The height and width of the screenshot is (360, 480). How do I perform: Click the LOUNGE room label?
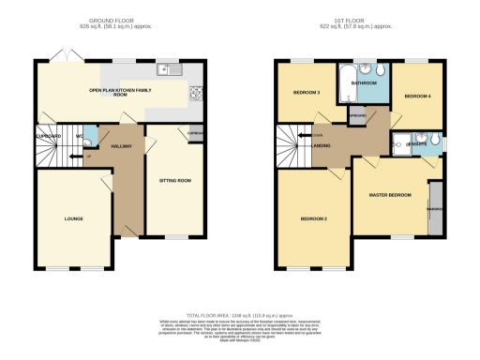pos(74,218)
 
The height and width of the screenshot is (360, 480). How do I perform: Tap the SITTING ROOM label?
pos(175,178)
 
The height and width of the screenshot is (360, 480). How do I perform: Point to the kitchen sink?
pos(169,68)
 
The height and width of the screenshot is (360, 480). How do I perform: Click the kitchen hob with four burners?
pos(195,92)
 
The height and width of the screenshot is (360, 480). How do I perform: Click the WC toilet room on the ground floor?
pos(89,137)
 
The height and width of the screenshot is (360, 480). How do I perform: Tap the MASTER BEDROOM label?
pos(390,194)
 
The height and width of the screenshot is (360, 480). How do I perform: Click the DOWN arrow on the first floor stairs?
pos(302,137)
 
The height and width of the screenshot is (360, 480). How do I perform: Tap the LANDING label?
pos(319,145)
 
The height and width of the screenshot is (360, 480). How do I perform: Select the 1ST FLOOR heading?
pos(362,18)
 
